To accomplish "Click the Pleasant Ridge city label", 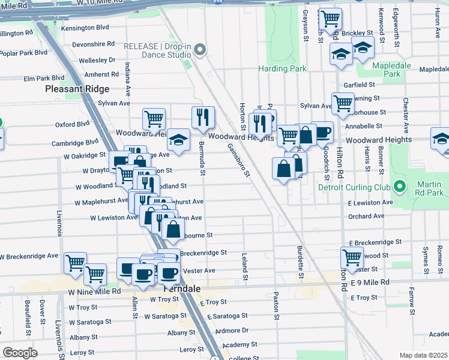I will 77,89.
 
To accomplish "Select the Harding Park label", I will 282,68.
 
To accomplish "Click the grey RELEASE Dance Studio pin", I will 200,50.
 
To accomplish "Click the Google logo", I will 20,352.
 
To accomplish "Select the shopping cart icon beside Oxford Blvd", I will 154,119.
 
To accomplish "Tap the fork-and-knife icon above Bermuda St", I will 203,116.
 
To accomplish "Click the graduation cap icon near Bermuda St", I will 178,139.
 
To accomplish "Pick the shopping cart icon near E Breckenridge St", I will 352,257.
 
